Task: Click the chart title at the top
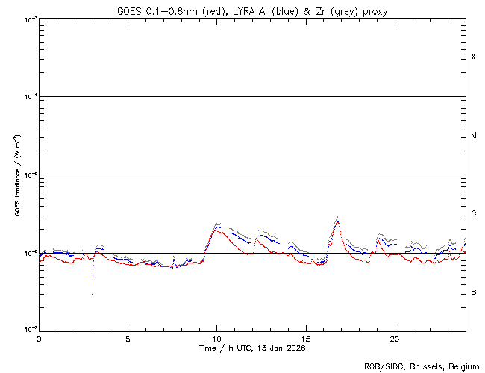click(x=252, y=10)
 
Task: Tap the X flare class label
click(x=473, y=57)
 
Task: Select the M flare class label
click(x=473, y=136)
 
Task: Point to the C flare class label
click(x=473, y=214)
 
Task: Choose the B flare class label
click(x=473, y=292)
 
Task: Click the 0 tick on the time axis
click(x=39, y=339)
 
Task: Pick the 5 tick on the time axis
click(x=128, y=339)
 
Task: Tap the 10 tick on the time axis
click(x=216, y=339)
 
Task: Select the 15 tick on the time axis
click(x=305, y=339)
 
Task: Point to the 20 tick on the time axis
click(x=394, y=339)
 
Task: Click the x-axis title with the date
click(x=252, y=348)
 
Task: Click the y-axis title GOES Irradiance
click(x=16, y=175)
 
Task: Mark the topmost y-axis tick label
click(x=28, y=19)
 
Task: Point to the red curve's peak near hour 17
click(x=337, y=222)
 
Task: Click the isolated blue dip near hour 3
click(x=93, y=293)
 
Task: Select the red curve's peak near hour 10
click(x=216, y=229)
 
